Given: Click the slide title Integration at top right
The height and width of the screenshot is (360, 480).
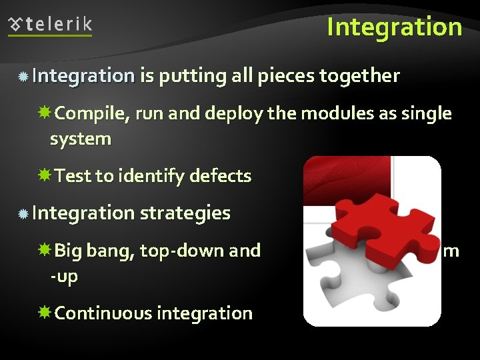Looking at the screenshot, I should (x=394, y=27).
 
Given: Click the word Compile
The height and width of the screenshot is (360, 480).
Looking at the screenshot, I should (x=92, y=114).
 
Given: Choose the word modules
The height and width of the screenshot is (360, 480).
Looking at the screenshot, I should (x=337, y=114).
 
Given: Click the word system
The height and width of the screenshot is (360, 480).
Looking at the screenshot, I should (x=80, y=139).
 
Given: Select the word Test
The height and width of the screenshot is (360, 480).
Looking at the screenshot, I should (x=73, y=177).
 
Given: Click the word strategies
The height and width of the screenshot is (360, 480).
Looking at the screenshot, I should (x=185, y=213).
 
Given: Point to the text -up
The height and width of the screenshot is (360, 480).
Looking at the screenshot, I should (x=64, y=276).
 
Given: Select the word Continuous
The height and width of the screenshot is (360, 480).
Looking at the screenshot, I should (x=103, y=313).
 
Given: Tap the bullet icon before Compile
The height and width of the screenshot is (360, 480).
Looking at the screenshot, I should (x=45, y=114).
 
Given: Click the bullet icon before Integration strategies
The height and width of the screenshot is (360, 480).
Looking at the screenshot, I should (x=23, y=214).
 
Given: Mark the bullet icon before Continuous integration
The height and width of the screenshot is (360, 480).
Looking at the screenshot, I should (x=45, y=313).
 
